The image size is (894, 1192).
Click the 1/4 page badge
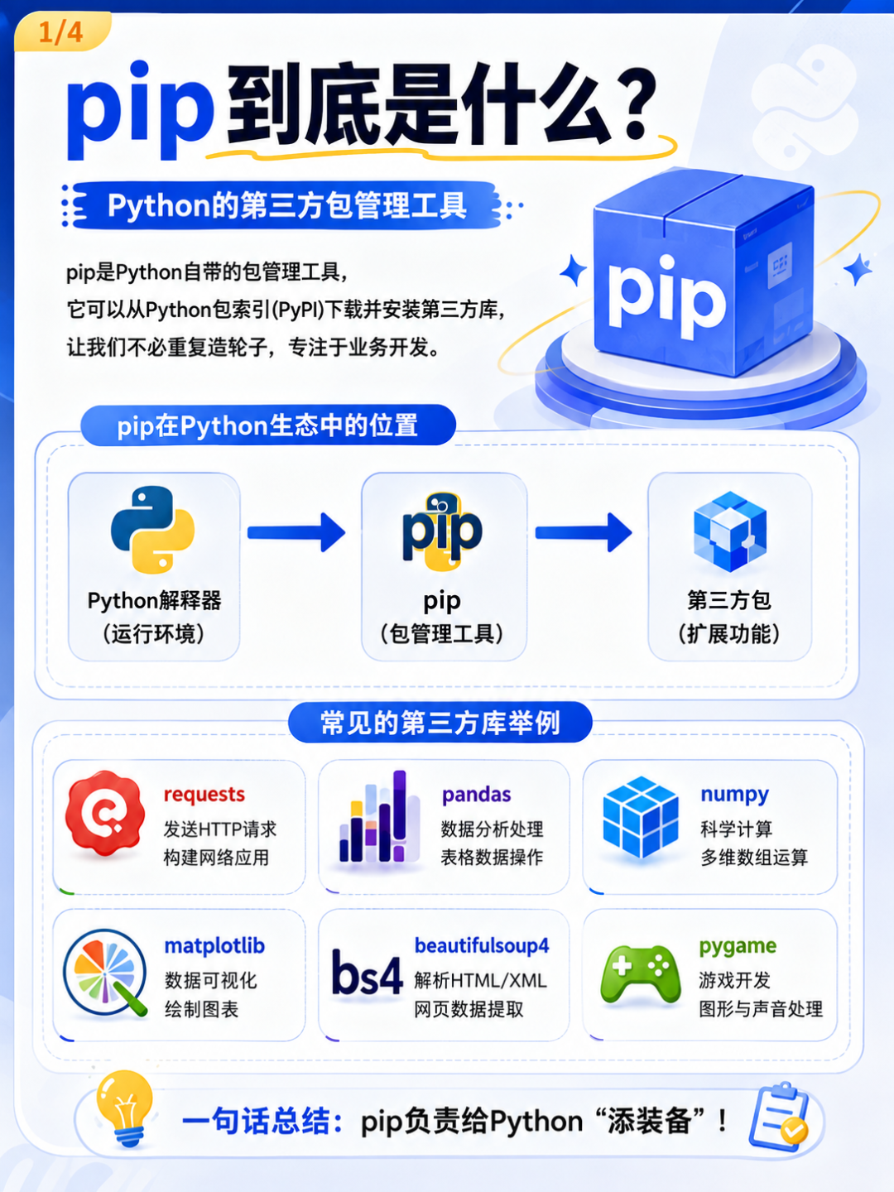coord(61,32)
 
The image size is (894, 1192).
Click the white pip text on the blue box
coord(666,296)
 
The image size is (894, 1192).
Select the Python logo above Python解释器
coord(152,530)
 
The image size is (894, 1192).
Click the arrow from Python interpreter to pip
coord(296,533)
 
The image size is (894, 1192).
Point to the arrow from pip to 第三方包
coord(584,533)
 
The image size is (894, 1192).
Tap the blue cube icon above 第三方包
coord(730,531)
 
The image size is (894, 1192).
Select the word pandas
coord(477,795)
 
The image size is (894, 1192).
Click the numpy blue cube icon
coord(641,817)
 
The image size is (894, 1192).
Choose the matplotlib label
coord(214,946)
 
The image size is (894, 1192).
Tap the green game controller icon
coord(641,975)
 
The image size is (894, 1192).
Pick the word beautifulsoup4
coord(482,945)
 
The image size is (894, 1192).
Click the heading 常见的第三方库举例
coord(440,723)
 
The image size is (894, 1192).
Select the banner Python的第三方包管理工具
coord(286,205)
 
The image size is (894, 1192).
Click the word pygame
coord(738,946)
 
